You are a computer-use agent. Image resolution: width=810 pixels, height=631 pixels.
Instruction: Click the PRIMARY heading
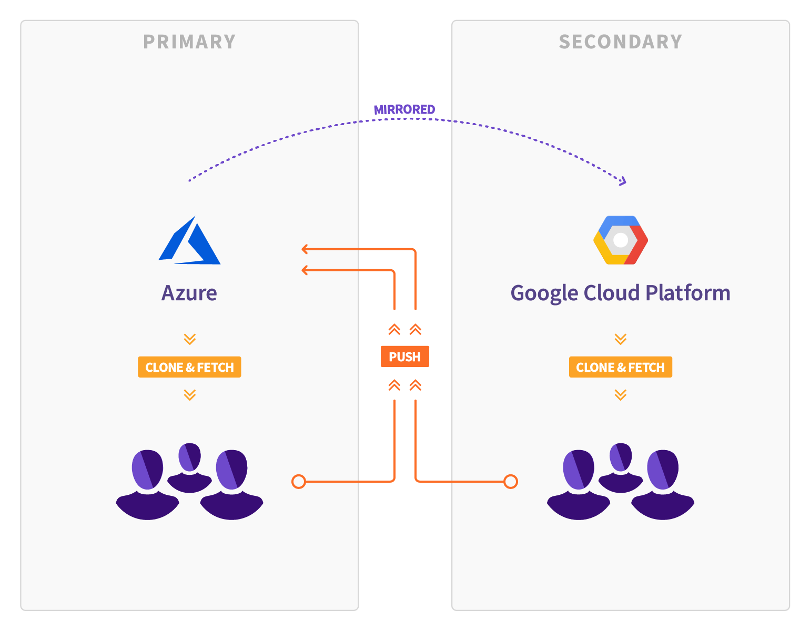coord(189,42)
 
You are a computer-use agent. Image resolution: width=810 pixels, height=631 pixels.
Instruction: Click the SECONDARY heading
coord(620,42)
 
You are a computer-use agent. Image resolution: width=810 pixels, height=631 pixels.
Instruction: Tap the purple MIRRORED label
coord(404,109)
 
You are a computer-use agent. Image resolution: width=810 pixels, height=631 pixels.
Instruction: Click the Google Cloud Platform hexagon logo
coord(621,240)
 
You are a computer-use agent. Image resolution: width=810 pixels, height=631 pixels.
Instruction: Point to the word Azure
coord(189,293)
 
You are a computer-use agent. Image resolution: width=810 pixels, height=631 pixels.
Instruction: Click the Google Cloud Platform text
coord(620,293)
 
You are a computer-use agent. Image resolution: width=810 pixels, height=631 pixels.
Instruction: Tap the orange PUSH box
coord(404,357)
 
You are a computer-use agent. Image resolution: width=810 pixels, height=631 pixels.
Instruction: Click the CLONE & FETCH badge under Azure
coord(189,367)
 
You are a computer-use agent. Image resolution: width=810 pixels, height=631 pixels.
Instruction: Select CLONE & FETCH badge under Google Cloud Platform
coord(620,367)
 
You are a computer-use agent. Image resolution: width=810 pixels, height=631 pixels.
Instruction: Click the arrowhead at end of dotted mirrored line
coord(623,181)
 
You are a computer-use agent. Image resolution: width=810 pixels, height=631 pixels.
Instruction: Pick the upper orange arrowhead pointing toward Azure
coord(305,249)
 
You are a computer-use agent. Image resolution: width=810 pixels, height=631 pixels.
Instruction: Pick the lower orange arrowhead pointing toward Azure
coord(305,270)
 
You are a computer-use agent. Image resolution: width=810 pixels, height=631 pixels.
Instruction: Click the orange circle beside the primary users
coord(299,481)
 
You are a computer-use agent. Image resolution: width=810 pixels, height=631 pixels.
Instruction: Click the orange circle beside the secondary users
coord(511,481)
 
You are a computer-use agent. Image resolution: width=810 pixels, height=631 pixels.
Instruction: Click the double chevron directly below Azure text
coord(189,339)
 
